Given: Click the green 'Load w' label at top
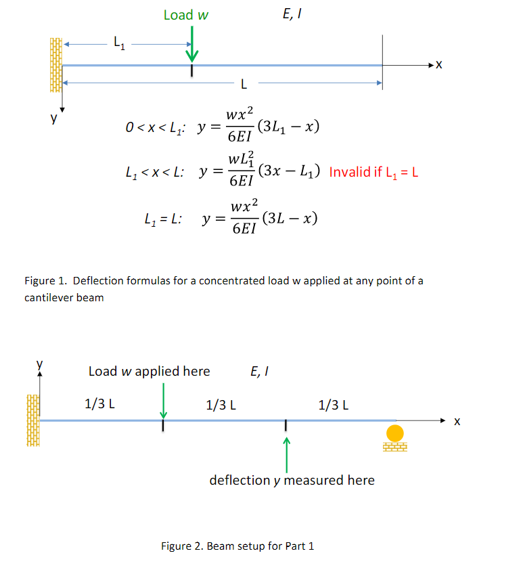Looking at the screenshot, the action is point(185,15).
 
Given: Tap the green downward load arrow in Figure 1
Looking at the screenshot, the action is point(191,45).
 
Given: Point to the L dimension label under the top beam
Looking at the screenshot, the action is point(244,85).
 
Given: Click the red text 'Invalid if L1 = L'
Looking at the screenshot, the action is point(373,172).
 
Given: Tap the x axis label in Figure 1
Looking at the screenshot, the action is point(439,65).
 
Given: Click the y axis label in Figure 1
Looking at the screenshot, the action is point(52,118).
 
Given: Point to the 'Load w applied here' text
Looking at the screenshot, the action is point(149,371).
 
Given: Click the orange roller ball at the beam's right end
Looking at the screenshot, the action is point(394,433).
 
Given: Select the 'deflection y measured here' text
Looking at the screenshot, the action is point(292,480).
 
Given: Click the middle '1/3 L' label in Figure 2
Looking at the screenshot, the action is point(221,405).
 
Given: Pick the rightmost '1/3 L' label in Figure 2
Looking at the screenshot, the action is point(334,405).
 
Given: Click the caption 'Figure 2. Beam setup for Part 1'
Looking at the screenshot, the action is point(237,546).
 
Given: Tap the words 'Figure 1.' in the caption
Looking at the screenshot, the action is point(45,281).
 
